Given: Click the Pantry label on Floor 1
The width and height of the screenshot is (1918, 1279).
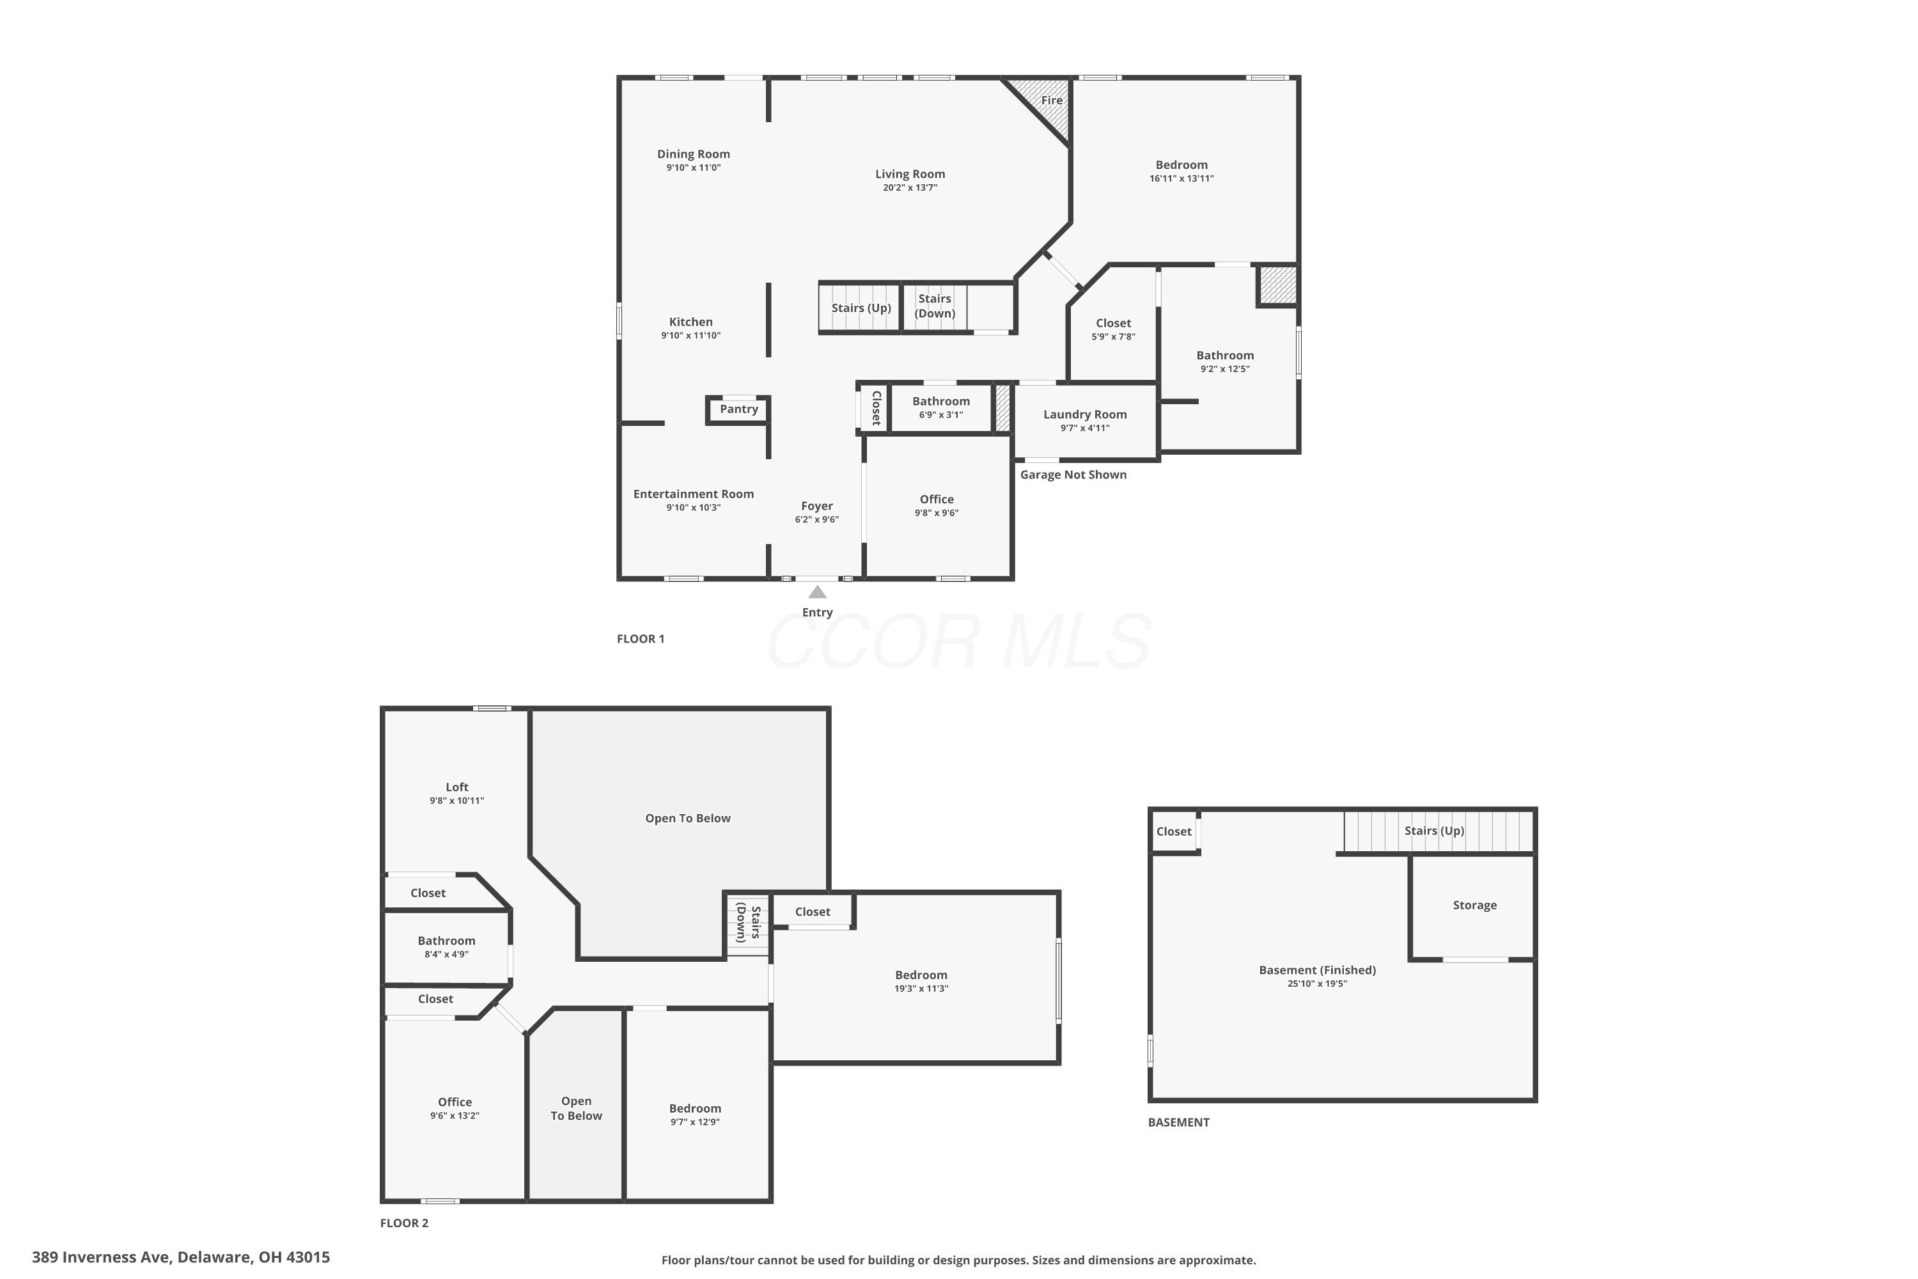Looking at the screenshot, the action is coord(739,409).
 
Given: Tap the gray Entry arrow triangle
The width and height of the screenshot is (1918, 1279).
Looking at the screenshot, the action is coord(817,592).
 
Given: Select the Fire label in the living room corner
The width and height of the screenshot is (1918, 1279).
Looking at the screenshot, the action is coord(1052,100).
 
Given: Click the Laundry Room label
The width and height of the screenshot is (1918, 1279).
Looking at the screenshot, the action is coord(1084,414).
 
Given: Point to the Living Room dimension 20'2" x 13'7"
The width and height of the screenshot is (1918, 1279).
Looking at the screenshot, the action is coord(910,187).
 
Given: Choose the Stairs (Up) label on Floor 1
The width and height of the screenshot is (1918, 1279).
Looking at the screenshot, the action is coord(861,308).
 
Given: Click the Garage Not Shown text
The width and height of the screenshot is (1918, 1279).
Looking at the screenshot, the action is coord(1073,475).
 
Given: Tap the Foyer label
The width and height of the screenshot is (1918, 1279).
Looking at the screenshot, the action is coord(817,506).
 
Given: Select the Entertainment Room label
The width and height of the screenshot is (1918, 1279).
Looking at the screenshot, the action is coord(693,494).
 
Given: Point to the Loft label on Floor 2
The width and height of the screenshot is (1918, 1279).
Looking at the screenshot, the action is coord(456,787).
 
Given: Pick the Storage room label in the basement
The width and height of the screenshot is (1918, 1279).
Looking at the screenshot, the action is coord(1474,905).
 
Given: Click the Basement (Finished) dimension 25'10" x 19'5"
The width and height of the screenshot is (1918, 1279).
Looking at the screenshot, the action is coord(1317,984).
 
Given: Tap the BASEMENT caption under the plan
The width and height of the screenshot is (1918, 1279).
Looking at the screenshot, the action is coord(1178,1122).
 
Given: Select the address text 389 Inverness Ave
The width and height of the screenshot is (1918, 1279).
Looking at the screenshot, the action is coord(101,1257).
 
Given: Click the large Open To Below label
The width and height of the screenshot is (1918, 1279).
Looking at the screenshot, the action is coord(687,818).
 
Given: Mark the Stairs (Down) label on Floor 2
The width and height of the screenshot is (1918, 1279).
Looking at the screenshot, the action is coord(749,923).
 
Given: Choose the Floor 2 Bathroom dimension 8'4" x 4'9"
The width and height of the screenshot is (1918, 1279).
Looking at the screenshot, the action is coord(446,954).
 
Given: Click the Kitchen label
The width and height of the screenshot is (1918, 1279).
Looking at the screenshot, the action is coord(690,322).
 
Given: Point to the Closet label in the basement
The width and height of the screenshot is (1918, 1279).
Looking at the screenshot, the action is coord(1173,831).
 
